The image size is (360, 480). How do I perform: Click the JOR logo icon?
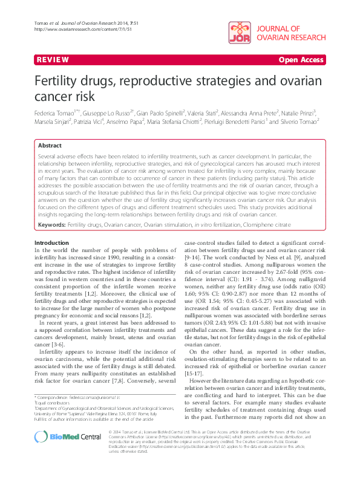pos(241,35)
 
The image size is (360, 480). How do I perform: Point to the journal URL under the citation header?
pos(68,30)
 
